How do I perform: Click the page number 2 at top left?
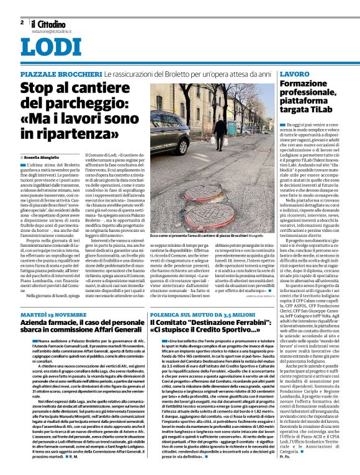[x=22, y=22]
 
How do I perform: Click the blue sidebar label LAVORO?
[x=293, y=74]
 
